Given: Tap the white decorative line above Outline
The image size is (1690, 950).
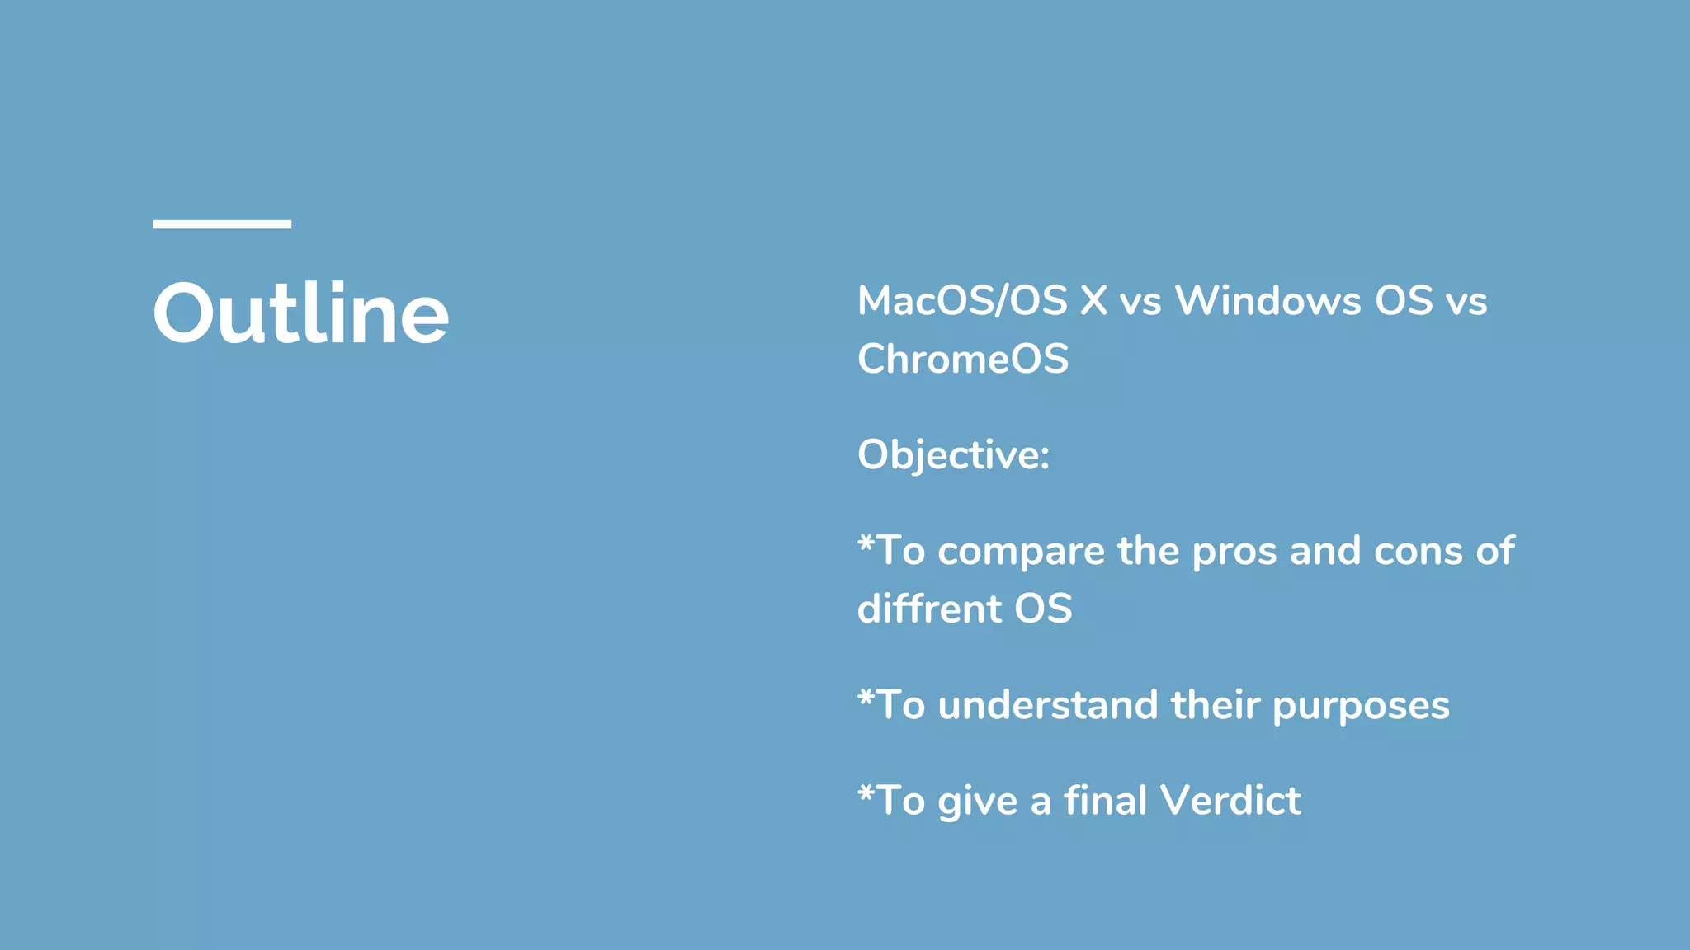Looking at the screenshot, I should coord(222,223).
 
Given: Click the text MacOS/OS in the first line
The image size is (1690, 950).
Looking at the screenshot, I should coord(962,301).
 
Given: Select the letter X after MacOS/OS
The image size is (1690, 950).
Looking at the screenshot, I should coord(1093,301).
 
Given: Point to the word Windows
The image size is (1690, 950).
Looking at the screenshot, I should coord(1267,301).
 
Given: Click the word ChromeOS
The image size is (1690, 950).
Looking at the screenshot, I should coord(963,360).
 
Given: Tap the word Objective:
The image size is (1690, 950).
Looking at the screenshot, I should coord(953,455).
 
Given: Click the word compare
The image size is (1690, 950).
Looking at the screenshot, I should coord(1021,552).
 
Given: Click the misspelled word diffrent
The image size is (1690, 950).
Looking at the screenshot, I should coord(928,609).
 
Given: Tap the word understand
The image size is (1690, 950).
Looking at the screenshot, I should coord(1047,706).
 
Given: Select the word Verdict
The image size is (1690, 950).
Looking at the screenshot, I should coord(1230,801).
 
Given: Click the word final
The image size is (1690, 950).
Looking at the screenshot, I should coord(1105,801).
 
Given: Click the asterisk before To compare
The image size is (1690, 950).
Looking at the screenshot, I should coord(866,543).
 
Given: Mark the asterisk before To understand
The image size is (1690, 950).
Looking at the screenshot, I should coord(866,698).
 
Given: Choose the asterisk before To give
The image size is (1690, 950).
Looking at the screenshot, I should coord(866,793).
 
